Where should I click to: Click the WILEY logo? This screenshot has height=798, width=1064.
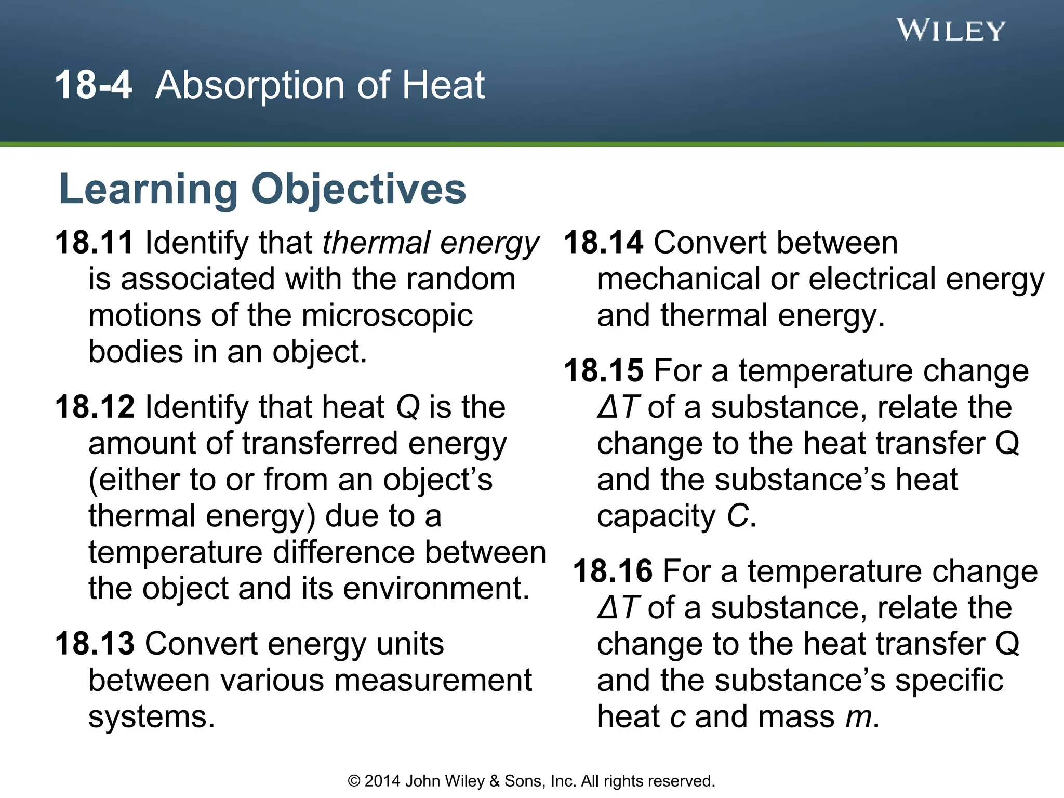click(951, 31)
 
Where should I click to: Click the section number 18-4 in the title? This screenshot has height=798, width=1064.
click(94, 85)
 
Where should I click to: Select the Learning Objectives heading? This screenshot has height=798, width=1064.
click(263, 189)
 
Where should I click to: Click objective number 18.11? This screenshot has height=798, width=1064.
click(95, 243)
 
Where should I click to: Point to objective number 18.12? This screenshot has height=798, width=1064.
click(95, 407)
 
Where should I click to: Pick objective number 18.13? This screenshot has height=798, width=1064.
click(95, 644)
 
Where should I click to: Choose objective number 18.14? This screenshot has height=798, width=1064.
click(604, 243)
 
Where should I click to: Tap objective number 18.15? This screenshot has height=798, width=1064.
click(604, 370)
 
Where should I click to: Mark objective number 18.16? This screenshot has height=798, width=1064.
click(613, 571)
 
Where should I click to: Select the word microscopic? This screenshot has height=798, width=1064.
click(387, 316)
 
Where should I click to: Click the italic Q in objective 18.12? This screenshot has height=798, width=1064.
click(408, 408)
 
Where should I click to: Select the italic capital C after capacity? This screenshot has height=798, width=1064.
click(738, 516)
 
